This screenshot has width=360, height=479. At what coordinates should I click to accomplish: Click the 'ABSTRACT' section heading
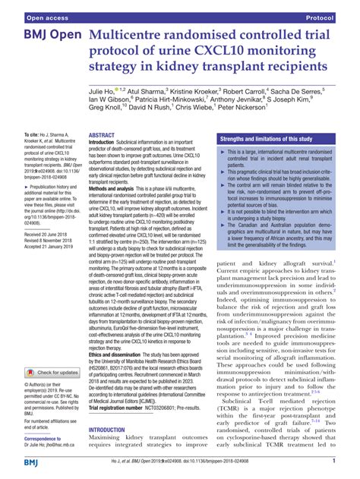[x=102, y=134]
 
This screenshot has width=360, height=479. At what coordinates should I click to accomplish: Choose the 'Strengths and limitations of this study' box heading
[x=267, y=140]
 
